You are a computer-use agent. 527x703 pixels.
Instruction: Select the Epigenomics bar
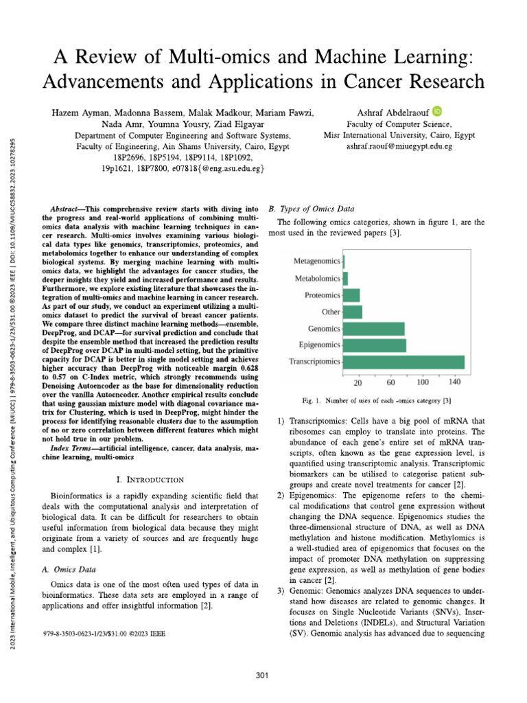[x=375, y=345]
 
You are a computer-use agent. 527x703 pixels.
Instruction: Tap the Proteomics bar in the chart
[x=351, y=295]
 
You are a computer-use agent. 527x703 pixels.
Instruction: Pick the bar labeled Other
[x=353, y=312]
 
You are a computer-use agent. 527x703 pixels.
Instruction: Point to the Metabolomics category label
[x=317, y=279]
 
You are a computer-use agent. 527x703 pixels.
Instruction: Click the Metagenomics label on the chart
[x=316, y=262]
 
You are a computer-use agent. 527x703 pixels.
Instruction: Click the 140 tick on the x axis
[x=454, y=382]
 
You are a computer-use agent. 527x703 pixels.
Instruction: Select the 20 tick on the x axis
[x=358, y=382]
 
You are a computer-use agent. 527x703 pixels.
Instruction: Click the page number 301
[x=261, y=676]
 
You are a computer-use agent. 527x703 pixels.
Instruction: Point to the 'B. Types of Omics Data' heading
[x=309, y=209]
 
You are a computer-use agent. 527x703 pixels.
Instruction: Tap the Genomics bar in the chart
[x=374, y=329]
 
